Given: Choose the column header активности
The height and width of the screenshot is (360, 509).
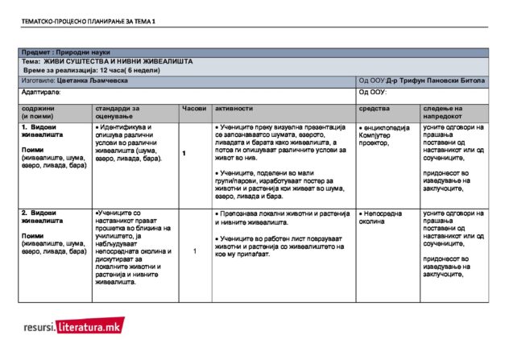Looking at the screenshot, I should coord(234,108).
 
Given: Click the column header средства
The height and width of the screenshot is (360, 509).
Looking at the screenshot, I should coord(374,108).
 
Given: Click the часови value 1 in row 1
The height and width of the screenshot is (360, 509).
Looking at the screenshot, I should coord(184,153).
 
